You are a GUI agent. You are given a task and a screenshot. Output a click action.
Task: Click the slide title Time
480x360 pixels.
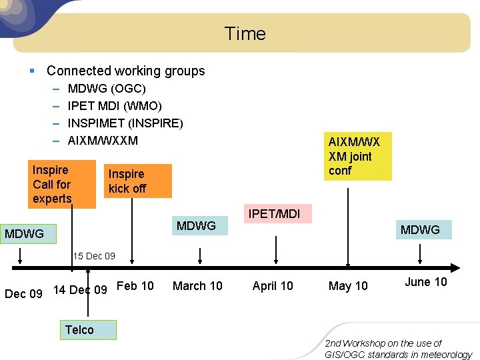click(x=245, y=33)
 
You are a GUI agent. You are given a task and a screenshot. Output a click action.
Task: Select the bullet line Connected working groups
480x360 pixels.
click(x=125, y=71)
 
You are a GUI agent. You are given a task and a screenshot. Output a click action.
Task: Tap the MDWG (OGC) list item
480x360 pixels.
click(x=107, y=88)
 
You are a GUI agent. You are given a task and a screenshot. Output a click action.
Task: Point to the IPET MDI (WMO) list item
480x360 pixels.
click(x=115, y=105)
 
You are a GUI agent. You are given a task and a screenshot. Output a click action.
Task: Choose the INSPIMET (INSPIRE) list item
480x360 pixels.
click(x=125, y=123)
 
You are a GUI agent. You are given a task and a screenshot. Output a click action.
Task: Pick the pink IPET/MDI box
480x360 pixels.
click(x=274, y=214)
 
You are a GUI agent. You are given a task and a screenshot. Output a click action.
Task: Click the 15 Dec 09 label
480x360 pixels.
click(x=94, y=256)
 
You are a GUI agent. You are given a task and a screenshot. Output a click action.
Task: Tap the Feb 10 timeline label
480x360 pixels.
click(x=135, y=286)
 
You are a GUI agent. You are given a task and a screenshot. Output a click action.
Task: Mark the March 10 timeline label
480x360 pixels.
click(x=197, y=286)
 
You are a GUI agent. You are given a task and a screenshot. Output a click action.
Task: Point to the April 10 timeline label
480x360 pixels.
click(x=273, y=286)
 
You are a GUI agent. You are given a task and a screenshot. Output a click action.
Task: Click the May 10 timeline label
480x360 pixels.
click(x=348, y=286)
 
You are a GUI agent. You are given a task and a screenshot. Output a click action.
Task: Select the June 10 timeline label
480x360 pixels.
click(x=426, y=282)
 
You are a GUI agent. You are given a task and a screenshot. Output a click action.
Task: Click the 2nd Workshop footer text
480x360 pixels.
click(x=398, y=349)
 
